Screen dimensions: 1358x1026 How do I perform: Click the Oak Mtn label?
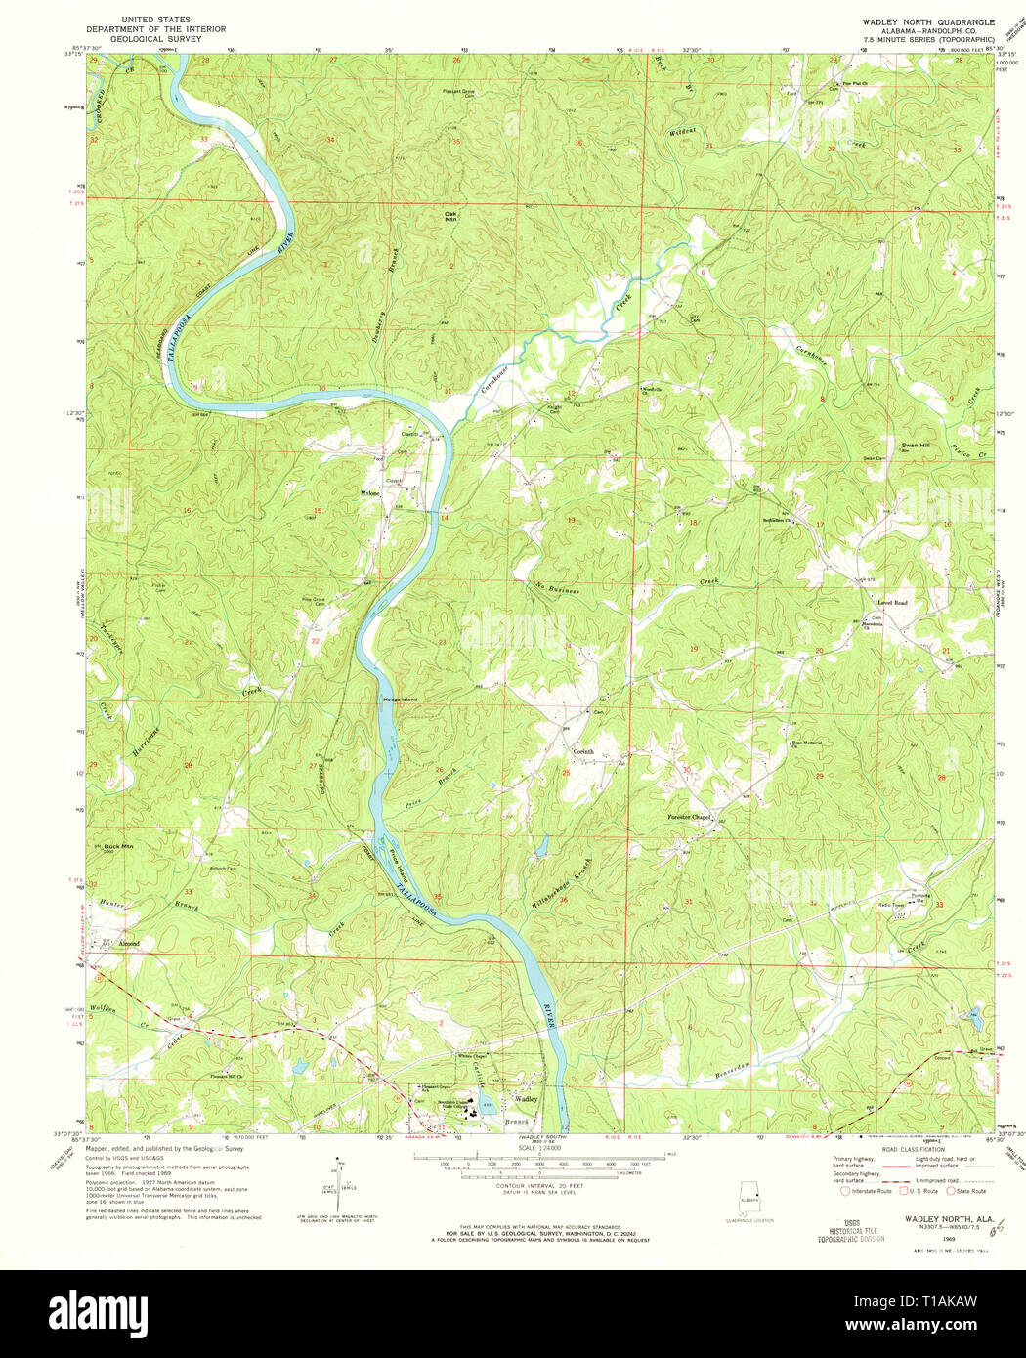pyautogui.click(x=450, y=217)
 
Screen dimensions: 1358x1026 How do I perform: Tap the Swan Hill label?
pyautogui.click(x=916, y=446)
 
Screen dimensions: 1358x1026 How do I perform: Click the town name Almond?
pyautogui.click(x=129, y=944)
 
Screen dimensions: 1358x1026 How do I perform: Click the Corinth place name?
pyautogui.click(x=582, y=751)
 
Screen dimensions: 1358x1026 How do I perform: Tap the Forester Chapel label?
pyautogui.click(x=689, y=817)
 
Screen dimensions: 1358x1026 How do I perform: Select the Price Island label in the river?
pyautogui.click(x=397, y=863)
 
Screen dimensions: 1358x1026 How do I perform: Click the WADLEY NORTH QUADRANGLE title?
pyautogui.click(x=927, y=21)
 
